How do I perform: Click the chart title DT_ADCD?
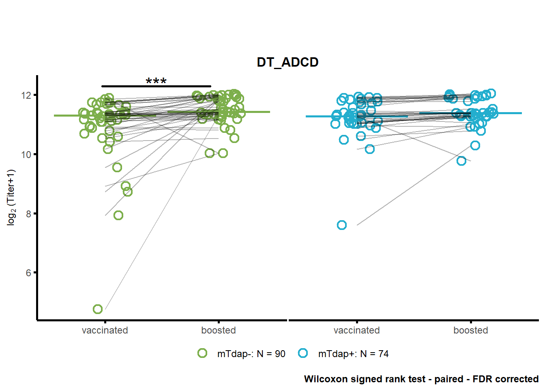coord(288,63)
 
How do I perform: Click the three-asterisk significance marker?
coord(156,80)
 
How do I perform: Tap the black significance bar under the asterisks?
coord(156,86)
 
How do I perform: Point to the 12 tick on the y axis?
coord(26,95)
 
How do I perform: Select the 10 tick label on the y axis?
coord(26,154)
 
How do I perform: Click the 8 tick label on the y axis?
coord(29,214)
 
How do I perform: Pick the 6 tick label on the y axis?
coord(29,273)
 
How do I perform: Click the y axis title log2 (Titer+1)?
coord(11,197)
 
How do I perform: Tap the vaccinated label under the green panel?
coord(105,330)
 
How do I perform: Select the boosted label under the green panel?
coord(219,330)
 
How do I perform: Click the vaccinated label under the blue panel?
coord(357,330)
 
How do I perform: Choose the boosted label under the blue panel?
coord(471,330)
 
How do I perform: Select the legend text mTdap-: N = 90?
coord(251,354)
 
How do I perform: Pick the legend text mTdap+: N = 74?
coord(354,354)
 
